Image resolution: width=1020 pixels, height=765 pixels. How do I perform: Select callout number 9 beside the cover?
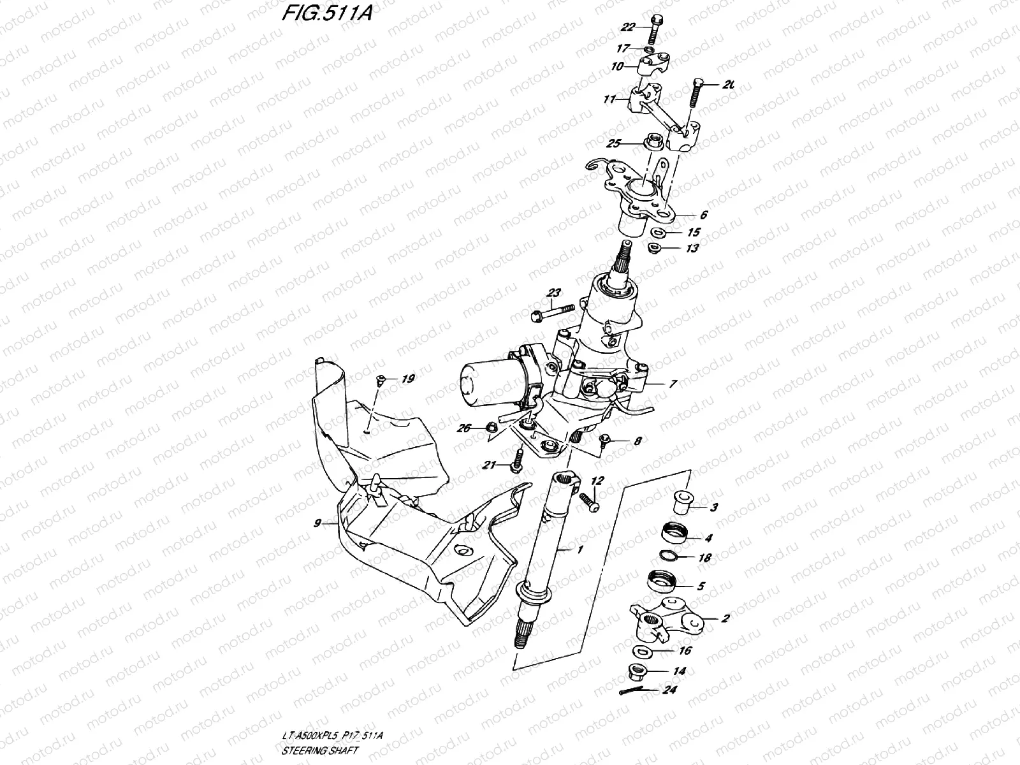click(x=317, y=523)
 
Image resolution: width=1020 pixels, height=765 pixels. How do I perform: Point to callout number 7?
click(x=673, y=384)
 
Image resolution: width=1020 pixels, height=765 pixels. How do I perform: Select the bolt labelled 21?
click(x=517, y=460)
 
